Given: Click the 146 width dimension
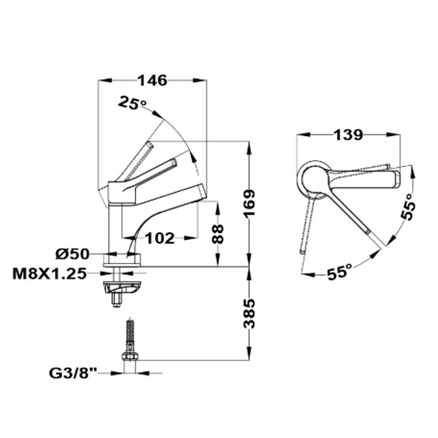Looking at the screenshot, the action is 153,80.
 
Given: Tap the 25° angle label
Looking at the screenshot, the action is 132,103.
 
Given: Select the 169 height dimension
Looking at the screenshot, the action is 249,203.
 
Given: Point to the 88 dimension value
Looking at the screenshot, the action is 218,234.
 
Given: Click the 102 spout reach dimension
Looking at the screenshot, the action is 160,238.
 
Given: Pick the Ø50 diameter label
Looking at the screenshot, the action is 72,254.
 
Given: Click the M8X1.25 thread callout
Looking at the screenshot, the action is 49,274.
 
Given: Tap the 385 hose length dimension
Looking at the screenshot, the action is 249,314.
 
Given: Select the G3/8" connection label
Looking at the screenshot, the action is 73,373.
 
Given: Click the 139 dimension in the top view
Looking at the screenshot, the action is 348,135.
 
